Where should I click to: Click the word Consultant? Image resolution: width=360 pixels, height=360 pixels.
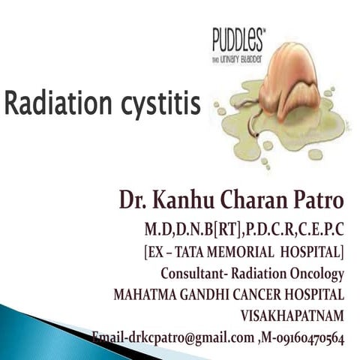192,273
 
